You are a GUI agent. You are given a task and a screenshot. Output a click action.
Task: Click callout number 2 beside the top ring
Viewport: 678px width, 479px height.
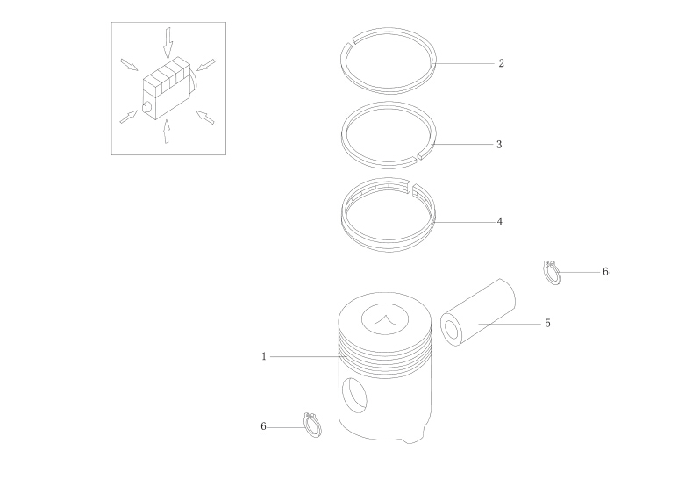pyautogui.click(x=501, y=63)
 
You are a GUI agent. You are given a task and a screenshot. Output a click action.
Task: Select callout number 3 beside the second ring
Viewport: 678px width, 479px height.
pyautogui.click(x=499, y=145)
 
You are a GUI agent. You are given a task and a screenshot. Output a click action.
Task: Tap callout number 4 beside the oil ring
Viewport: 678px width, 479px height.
pyautogui.click(x=500, y=222)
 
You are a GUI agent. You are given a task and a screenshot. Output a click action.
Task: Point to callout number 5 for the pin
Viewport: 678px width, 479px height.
pyautogui.click(x=547, y=324)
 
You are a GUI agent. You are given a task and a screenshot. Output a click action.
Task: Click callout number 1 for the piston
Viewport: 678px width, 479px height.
pyautogui.click(x=264, y=357)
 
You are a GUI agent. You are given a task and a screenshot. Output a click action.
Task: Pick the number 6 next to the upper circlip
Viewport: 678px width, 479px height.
pyautogui.click(x=605, y=271)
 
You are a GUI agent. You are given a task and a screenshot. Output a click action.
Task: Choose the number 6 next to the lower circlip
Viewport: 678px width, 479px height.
pyautogui.click(x=263, y=426)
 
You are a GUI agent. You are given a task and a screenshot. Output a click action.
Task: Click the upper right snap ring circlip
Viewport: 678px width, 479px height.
pyautogui.click(x=552, y=272)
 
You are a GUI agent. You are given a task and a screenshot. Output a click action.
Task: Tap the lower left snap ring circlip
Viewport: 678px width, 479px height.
pyautogui.click(x=312, y=425)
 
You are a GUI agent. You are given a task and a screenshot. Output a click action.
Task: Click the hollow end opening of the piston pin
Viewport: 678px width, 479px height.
pyautogui.click(x=452, y=330)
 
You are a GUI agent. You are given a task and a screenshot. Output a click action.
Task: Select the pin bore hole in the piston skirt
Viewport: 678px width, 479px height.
pyautogui.click(x=354, y=395)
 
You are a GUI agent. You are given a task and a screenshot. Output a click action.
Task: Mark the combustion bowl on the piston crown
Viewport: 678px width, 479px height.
pyautogui.click(x=385, y=319)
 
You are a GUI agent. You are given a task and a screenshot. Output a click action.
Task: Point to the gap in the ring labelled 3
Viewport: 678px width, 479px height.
pyautogui.click(x=418, y=154)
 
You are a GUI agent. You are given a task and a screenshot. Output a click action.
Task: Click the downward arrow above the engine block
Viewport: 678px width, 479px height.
pyautogui.click(x=168, y=43)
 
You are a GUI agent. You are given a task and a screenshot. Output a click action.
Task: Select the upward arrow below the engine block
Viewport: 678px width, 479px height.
pyautogui.click(x=167, y=132)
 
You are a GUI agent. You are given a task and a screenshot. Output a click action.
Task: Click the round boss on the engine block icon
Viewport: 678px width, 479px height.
pyautogui.click(x=147, y=107)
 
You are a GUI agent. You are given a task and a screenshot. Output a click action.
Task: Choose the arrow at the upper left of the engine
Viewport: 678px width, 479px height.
pyautogui.click(x=129, y=64)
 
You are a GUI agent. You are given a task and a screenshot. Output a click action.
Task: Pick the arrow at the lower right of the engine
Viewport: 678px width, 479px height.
pyautogui.click(x=205, y=118)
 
